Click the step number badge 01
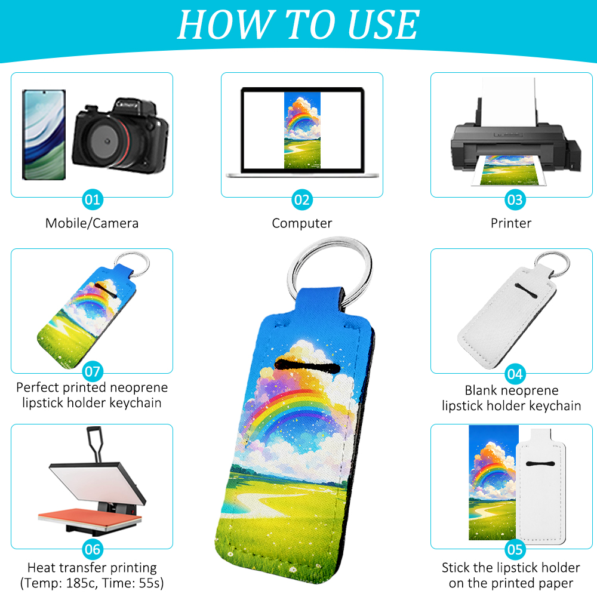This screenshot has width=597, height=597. coord(93,199)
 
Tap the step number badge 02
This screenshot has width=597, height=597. coord(302,199)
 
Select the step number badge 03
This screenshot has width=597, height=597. coord(514,199)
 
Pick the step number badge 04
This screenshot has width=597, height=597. coord(514,374)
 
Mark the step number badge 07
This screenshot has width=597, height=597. coord(93,371)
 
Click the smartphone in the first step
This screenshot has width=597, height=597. coord(44,134)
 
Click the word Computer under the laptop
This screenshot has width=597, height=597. coord(302,223)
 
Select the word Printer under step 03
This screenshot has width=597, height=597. coord(511,223)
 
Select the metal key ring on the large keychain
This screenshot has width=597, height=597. coord(330,263)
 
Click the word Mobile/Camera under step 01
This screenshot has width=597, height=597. coord(92,223)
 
